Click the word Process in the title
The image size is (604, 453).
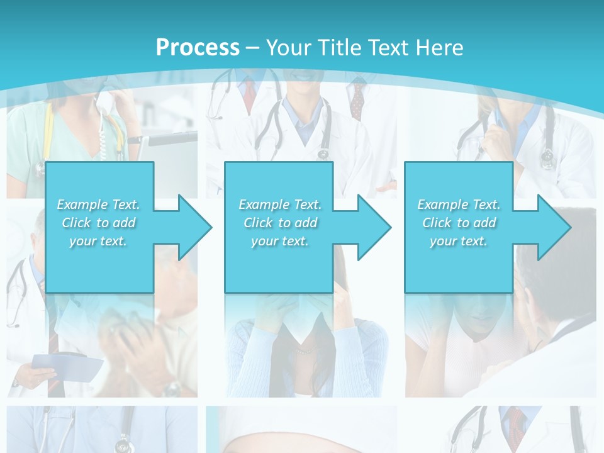[x=198, y=48]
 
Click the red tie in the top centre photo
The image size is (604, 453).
[x=250, y=94]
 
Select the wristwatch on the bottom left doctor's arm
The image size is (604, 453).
[x=171, y=389]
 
